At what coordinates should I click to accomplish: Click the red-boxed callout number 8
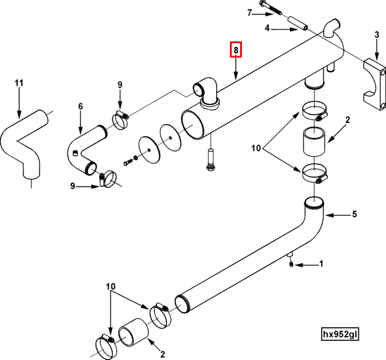pyautogui.click(x=237, y=50)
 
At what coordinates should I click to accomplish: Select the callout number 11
pyautogui.click(x=19, y=82)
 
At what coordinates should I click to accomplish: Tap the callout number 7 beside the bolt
pyautogui.click(x=249, y=12)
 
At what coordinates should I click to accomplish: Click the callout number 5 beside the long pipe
pyautogui.click(x=354, y=214)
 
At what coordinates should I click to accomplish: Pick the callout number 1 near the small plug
pyautogui.click(x=321, y=263)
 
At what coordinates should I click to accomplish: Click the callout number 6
pyautogui.click(x=80, y=106)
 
